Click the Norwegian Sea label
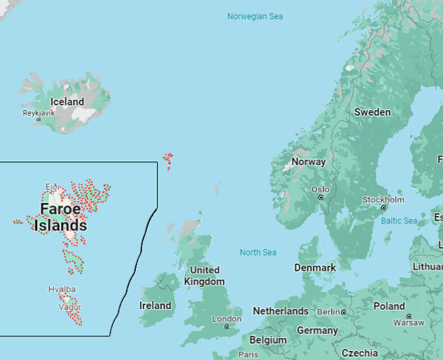point(255,16)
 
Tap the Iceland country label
point(66,102)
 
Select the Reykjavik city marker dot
point(39,119)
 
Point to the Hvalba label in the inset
point(61,289)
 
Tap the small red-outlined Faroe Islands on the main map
point(168,160)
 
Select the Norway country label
point(308,162)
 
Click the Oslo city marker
point(320,198)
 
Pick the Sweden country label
point(372,111)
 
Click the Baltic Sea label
point(399,221)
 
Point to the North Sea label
point(258,252)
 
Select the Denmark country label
point(315,267)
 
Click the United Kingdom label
point(204,276)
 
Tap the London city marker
point(227,327)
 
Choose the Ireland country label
point(155,305)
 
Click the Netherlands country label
point(281,311)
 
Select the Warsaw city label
point(409,322)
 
